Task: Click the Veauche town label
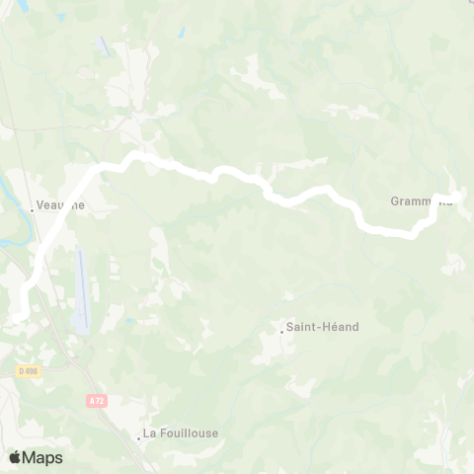(60, 205)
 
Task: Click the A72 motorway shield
(96, 400)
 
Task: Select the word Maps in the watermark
(42, 457)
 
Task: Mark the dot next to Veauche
(31, 208)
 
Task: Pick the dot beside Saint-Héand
(281, 331)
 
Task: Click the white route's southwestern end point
(18, 316)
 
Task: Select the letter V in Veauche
(39, 205)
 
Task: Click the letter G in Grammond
(395, 201)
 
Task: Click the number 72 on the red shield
(98, 400)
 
